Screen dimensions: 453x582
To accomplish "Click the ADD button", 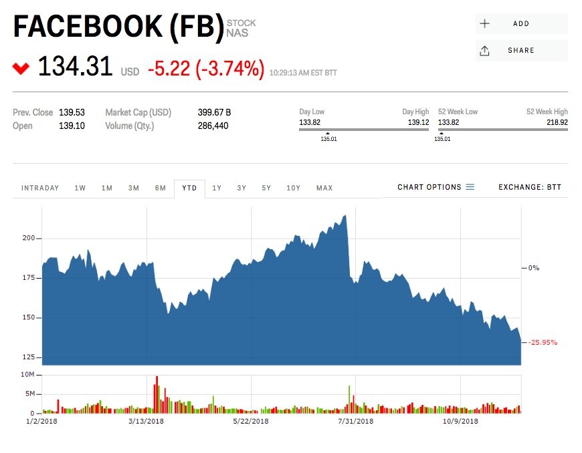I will [x=520, y=23].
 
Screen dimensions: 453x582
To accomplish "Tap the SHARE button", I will [x=520, y=50].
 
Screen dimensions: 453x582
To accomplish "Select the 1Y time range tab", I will [x=217, y=188].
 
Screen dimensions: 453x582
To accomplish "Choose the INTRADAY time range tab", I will [x=40, y=188].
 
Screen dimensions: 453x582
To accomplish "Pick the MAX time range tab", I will [x=324, y=188].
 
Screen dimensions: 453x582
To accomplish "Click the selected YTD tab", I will [x=189, y=188].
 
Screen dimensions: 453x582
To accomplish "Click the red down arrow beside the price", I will [x=21, y=67].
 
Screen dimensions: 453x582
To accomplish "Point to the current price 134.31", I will [x=75, y=67].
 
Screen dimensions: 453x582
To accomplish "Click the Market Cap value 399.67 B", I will [x=214, y=112].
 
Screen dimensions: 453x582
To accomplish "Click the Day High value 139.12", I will [x=417, y=123].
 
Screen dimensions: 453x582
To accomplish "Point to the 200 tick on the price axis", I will [x=27, y=238].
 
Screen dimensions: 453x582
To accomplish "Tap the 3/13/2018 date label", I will [x=146, y=421].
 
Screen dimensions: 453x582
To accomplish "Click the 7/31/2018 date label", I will [x=355, y=421].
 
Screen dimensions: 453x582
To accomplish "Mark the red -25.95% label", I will [x=543, y=342].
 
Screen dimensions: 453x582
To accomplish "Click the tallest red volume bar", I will [x=157, y=394].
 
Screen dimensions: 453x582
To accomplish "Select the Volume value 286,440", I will [x=213, y=126].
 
